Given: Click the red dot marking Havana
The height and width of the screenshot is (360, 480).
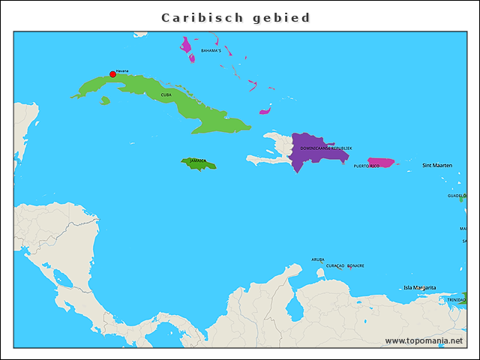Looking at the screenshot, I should tap(112, 74).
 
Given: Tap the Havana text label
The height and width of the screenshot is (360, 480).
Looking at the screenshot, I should tap(122, 70).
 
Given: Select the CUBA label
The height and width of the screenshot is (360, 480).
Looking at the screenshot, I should tap(166, 95).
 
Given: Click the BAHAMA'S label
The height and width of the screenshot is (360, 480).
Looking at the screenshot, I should tap(211, 51).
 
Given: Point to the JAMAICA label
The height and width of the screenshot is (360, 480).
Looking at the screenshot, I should tap(198, 160).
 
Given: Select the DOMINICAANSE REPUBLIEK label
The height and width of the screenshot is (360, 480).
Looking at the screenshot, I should tap(326, 148).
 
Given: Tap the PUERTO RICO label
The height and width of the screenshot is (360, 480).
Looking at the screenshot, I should tap(367, 166).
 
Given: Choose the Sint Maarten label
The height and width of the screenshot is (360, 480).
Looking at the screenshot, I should tap(437, 165).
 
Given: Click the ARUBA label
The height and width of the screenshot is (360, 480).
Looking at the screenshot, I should tap(318, 259).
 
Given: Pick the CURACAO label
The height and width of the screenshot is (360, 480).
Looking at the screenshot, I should tap(335, 265).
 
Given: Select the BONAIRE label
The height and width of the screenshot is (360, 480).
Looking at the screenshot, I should tap(355, 265).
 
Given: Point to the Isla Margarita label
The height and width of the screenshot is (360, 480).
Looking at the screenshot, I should tap(419, 287).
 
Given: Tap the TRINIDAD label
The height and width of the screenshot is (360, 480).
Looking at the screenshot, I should tap(456, 300).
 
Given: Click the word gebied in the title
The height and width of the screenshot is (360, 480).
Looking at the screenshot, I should tap(282, 17).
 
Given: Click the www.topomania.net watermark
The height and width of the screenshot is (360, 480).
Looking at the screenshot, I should tap(424, 340).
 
